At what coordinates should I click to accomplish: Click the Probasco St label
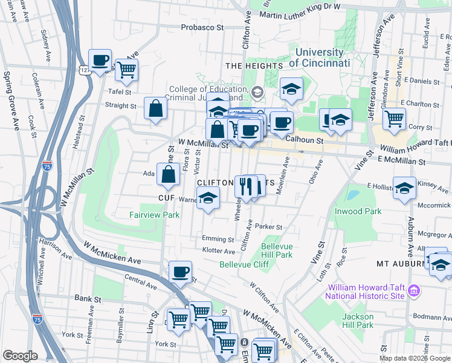[x=203, y=28]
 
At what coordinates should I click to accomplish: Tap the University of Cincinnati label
[x=320, y=58]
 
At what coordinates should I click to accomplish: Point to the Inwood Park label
[x=358, y=211]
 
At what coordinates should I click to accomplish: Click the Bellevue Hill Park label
[x=277, y=250]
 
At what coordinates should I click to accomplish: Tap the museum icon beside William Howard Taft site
[x=413, y=291]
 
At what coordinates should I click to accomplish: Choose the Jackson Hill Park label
[x=358, y=321]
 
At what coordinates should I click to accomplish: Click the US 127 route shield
[x=84, y=70]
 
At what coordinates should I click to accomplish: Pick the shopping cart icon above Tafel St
[x=126, y=70]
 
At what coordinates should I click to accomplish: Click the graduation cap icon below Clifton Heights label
[x=208, y=198]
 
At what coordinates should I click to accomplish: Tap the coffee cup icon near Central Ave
[x=179, y=272]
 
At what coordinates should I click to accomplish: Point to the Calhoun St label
[x=305, y=140]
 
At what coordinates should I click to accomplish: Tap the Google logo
[x=20, y=356]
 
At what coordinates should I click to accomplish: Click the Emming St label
[x=214, y=239]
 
